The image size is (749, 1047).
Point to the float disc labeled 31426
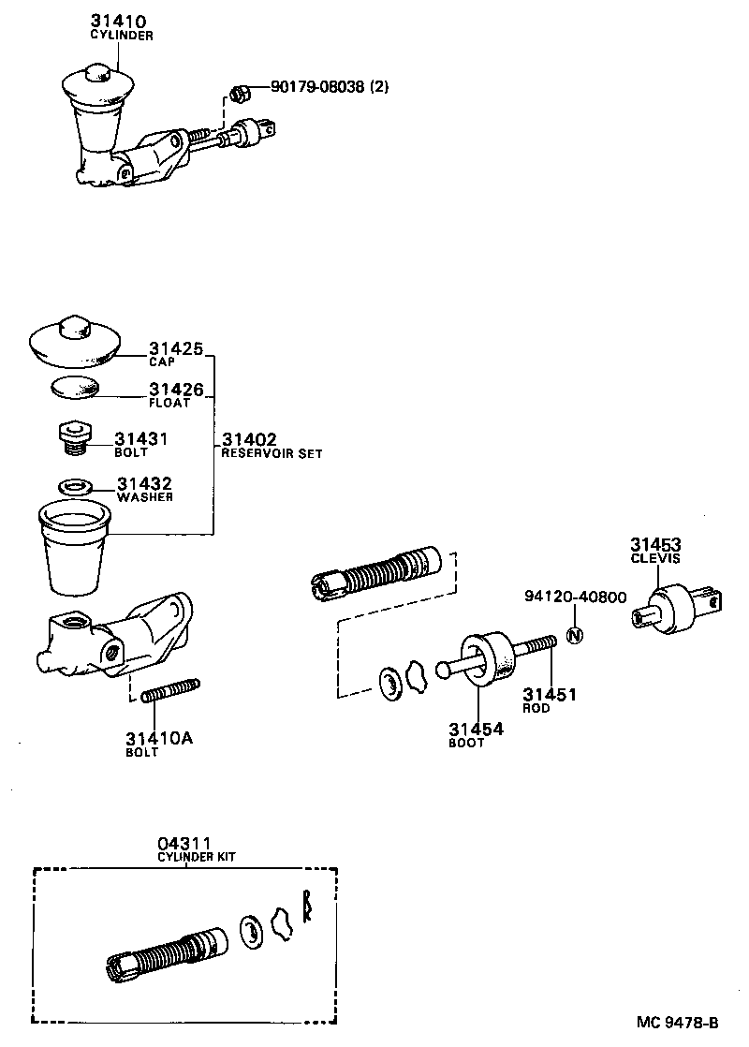[73, 386]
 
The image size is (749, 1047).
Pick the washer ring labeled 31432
[75, 487]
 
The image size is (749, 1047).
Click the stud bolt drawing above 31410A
[171, 690]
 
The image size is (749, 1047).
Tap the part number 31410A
[159, 738]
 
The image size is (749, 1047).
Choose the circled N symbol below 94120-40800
[576, 636]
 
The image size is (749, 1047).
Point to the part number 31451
[549, 694]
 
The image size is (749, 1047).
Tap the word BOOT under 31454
[466, 743]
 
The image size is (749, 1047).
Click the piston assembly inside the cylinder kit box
[164, 950]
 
